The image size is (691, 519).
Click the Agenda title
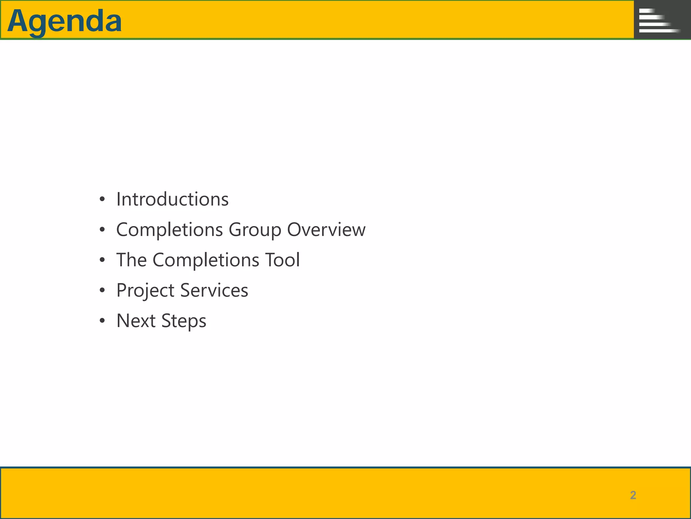64,21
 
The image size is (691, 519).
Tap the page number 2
633,495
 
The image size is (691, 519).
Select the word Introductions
172,199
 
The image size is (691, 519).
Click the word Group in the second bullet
255,230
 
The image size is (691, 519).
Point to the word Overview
326,230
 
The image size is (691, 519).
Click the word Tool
282,260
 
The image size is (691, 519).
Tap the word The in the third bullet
131,260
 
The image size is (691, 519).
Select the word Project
145,291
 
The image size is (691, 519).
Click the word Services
214,290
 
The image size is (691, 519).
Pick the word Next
136,321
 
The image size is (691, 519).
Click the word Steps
184,321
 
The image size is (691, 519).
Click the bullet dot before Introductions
102,199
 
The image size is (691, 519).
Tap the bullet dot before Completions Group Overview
102,230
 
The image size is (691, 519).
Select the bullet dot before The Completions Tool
102,260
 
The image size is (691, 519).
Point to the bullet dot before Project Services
102,290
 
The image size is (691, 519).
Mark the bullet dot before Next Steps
102,321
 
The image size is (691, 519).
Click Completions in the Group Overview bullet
169,230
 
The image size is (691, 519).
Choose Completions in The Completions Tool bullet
206,260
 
